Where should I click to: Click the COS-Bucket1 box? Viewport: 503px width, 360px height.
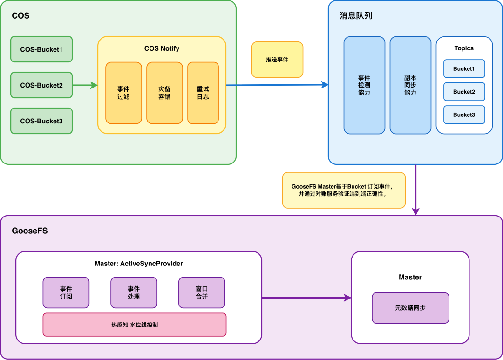pos(41,49)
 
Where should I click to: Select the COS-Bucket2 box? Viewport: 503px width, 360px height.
pos(41,85)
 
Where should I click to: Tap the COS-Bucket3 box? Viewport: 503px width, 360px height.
pos(41,121)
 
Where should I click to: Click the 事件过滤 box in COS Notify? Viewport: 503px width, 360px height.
pos(123,93)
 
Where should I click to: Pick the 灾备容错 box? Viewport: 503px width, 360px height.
pos(164,93)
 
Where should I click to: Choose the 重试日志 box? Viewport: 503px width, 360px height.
pos(203,93)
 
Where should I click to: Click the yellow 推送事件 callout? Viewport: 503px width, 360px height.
pos(277,60)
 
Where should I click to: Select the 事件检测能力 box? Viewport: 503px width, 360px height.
pos(364,85)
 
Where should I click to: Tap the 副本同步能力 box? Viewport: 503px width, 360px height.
pos(410,85)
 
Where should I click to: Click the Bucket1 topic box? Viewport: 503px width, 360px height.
pos(464,68)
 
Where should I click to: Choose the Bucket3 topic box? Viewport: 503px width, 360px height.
pos(464,115)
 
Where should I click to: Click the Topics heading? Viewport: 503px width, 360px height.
pos(464,48)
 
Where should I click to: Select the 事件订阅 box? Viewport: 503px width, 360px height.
pos(66,292)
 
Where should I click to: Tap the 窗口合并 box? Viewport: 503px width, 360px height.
pos(202,292)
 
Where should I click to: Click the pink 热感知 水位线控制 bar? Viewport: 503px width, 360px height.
pos(134,325)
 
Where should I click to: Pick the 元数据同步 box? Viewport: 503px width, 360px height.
pos(410,308)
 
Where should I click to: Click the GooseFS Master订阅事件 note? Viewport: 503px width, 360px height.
pos(344,190)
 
